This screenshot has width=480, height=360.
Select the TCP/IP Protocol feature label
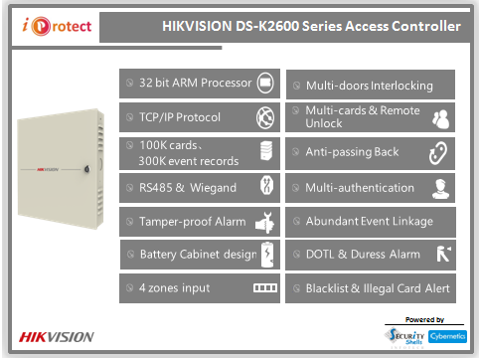pyautogui.click(x=180, y=117)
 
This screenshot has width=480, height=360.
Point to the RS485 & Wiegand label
pyautogui.click(x=187, y=187)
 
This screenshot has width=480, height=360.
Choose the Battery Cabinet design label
pyautogui.click(x=198, y=255)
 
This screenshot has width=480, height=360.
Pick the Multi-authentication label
pyautogui.click(x=359, y=187)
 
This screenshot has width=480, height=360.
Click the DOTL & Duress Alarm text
pyautogui.click(x=362, y=255)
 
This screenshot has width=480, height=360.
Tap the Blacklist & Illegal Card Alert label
pyautogui.click(x=378, y=289)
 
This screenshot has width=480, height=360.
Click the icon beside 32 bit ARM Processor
pyautogui.click(x=264, y=82)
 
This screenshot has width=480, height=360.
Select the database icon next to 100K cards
pyautogui.click(x=264, y=151)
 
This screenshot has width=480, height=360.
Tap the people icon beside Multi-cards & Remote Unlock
pyautogui.click(x=441, y=118)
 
